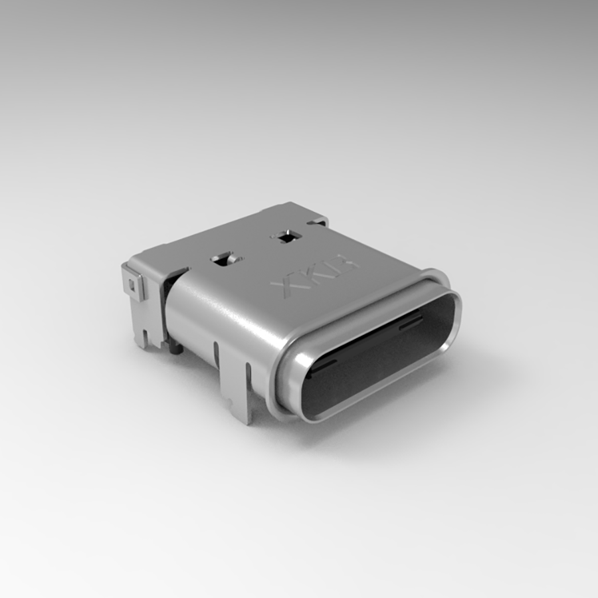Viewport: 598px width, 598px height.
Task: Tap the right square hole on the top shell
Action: coord(286,236)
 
